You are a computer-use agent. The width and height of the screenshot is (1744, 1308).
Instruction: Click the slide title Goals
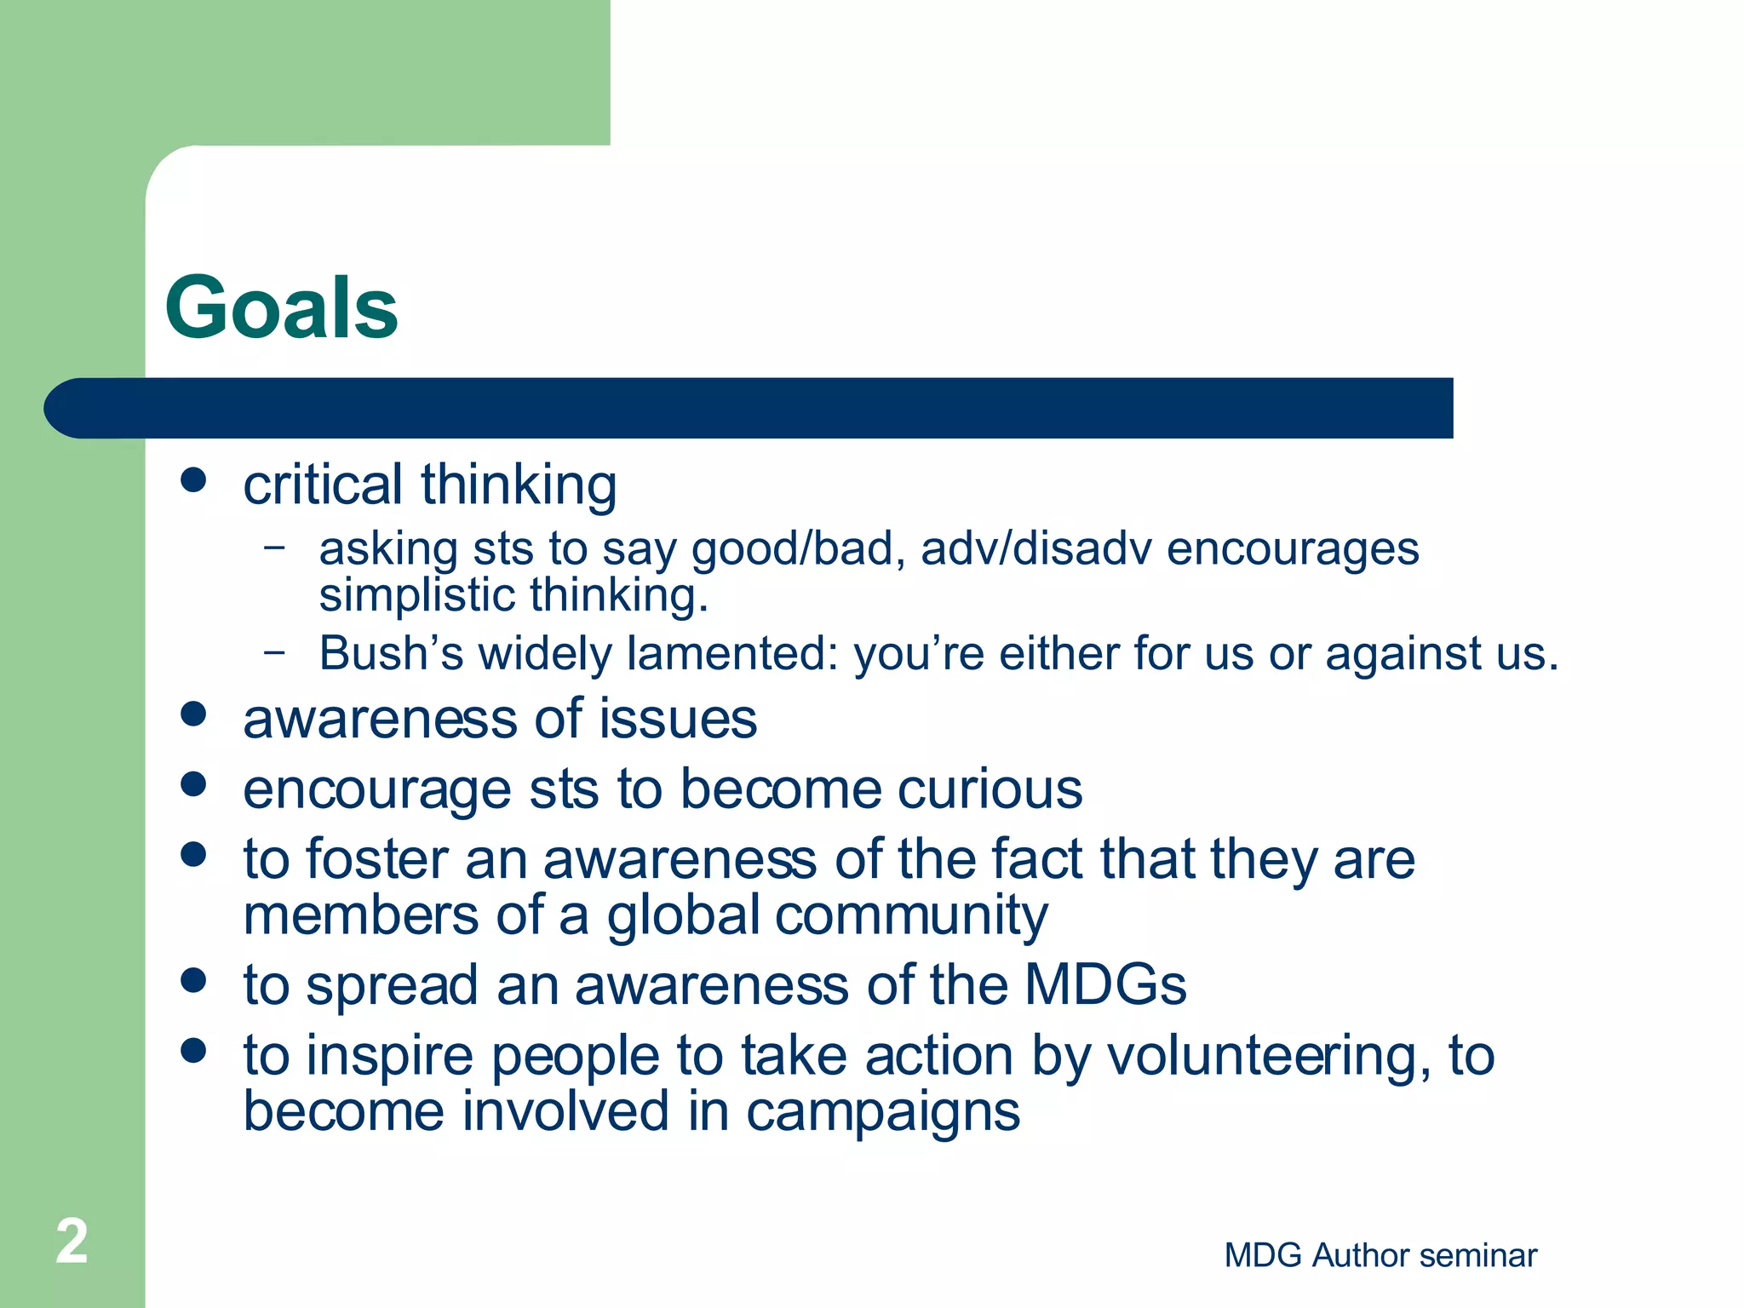point(281,308)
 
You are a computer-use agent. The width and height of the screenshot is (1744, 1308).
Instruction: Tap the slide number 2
point(72,1242)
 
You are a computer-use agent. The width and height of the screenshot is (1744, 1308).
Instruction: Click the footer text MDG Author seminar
point(1380,1255)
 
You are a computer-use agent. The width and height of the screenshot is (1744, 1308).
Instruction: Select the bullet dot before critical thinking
point(194,479)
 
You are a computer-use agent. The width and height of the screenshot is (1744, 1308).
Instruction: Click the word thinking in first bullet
point(519,485)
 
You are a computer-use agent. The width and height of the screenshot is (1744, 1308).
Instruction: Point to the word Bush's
point(391,654)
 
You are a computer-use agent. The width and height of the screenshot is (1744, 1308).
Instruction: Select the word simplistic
point(416,595)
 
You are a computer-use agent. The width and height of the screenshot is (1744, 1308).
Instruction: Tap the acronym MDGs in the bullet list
point(1104,985)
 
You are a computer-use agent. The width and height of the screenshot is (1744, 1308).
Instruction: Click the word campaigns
point(882,1113)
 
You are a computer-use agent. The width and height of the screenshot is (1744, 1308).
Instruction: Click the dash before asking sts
point(274,547)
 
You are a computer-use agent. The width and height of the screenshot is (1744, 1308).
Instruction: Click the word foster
point(376,859)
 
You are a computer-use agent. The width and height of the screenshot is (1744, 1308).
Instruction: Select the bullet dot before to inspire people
point(194,1050)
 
